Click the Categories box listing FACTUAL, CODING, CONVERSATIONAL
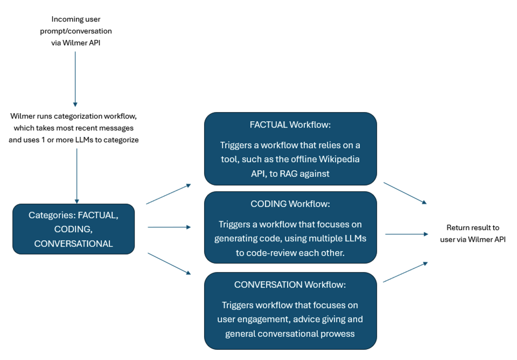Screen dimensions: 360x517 click(x=73, y=229)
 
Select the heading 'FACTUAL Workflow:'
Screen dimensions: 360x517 click(x=290, y=125)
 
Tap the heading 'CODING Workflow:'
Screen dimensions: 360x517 click(x=290, y=204)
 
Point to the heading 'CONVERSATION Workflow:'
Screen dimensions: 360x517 click(x=290, y=285)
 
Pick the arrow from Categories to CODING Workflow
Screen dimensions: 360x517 click(x=169, y=227)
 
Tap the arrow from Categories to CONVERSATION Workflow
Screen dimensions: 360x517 click(x=169, y=264)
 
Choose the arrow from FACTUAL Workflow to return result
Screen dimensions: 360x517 click(x=405, y=193)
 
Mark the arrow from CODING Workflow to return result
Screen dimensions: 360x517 click(x=406, y=234)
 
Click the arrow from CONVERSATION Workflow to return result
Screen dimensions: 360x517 click(x=405, y=272)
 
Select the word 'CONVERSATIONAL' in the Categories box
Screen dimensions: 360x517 click(x=73, y=244)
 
